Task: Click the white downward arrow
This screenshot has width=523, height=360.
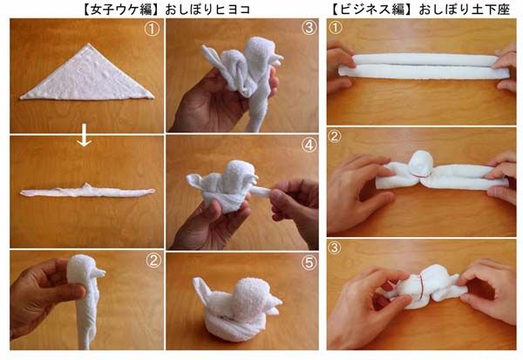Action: pyautogui.click(x=84, y=135)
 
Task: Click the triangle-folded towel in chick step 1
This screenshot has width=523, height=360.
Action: pyautogui.click(x=87, y=75)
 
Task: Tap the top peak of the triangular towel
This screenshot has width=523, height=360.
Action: pyautogui.click(x=88, y=44)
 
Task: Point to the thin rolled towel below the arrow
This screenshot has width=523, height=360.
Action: pyautogui.click(x=87, y=191)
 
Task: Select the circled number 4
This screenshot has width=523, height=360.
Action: pyautogui.click(x=309, y=146)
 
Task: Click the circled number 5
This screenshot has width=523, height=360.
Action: pyautogui.click(x=309, y=263)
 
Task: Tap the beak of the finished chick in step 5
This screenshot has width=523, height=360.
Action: pyautogui.click(x=275, y=302)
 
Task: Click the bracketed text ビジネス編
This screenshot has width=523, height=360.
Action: pyautogui.click(x=372, y=9)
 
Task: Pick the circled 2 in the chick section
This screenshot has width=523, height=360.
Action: pyautogui.click(x=153, y=261)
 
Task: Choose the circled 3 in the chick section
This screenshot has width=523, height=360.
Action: pyautogui.click(x=309, y=28)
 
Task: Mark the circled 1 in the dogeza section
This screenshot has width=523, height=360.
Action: pyautogui.click(x=336, y=27)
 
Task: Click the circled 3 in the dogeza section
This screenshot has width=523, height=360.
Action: pyautogui.click(x=335, y=248)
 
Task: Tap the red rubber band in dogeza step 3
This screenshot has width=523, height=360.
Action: pyautogui.click(x=421, y=285)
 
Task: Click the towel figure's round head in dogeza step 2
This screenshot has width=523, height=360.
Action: pyautogui.click(x=421, y=163)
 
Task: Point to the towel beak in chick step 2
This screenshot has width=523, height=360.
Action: pyautogui.click(x=99, y=273)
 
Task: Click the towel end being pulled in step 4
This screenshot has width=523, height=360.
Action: pyautogui.click(x=261, y=192)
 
